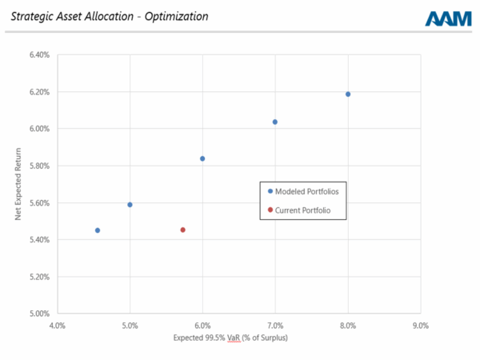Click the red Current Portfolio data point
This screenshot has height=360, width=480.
[x=182, y=230]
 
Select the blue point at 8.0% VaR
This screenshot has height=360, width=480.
[x=348, y=94]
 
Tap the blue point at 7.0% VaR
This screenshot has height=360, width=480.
[x=275, y=122]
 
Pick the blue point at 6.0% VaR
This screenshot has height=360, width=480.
[x=202, y=158]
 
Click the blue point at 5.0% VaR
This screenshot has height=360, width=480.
[x=130, y=205]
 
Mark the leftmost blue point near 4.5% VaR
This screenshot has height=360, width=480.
[x=98, y=230]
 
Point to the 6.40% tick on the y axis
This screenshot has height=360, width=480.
[x=39, y=55]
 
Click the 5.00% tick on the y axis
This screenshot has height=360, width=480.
[x=39, y=314]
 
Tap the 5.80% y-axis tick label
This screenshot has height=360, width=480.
[x=39, y=166]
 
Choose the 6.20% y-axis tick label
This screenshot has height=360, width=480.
[x=39, y=92]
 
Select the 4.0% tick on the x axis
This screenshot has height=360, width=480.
[x=58, y=326]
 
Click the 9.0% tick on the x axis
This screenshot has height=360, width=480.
[x=421, y=326]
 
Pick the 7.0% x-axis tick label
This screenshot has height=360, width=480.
[x=275, y=326]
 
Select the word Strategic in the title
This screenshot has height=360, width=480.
[x=31, y=16]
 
